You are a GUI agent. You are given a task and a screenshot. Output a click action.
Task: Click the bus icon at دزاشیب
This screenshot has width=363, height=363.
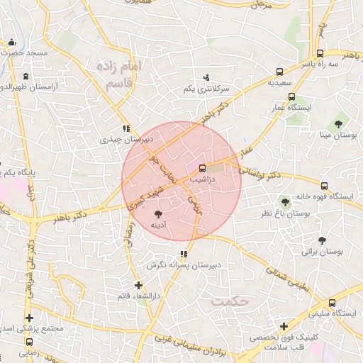click(203, 169)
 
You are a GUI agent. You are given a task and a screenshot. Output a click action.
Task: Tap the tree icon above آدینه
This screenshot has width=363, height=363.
click(158, 213)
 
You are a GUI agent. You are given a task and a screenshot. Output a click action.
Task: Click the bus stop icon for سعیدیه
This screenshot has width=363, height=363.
click(279, 72)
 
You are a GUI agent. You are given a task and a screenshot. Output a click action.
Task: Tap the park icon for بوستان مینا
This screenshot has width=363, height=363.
click(338, 123)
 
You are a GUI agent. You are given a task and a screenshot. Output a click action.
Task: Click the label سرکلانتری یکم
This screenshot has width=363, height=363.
click(207, 89)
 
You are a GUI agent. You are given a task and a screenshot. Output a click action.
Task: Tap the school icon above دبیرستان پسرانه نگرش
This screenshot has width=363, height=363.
click(184, 254)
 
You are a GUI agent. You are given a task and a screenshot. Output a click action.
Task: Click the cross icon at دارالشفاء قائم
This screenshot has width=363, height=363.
click(138, 284)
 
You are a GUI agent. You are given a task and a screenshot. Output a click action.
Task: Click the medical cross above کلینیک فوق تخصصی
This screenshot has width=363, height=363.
click(284, 327)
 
